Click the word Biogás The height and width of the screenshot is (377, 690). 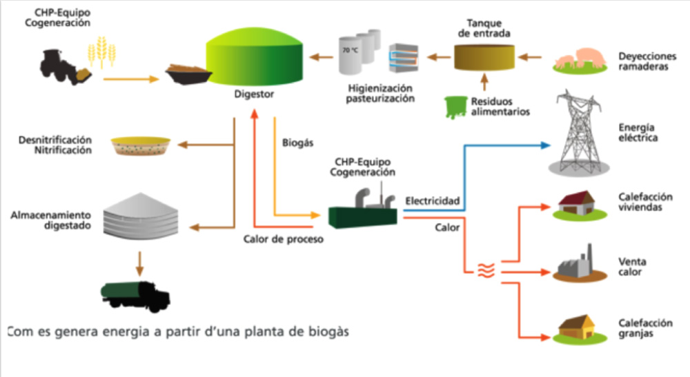pos(298,143)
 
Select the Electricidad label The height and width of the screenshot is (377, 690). pos(432,201)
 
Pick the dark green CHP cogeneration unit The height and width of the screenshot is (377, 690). pos(361,211)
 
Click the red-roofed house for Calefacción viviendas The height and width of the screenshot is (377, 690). pos(576,204)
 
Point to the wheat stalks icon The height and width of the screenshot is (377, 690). pos(102,52)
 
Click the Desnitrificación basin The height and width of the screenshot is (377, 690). pos(140,145)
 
